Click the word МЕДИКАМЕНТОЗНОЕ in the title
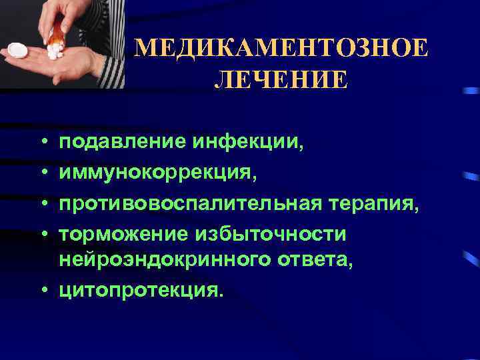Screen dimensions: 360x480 pyautogui.click(x=281, y=49)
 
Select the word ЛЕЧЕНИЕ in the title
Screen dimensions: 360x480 pyautogui.click(x=281, y=80)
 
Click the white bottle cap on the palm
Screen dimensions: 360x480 pyautogui.click(x=16, y=51)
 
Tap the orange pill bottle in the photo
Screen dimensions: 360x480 pyautogui.click(x=59, y=30)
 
